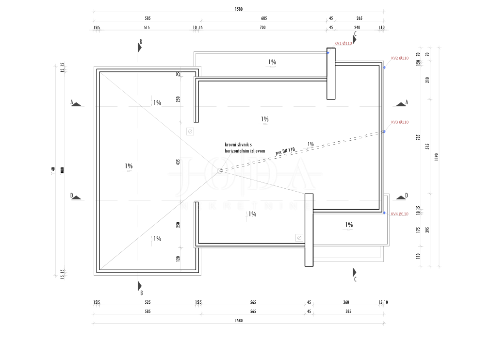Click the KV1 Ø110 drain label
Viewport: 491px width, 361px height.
pyautogui.click(x=343, y=43)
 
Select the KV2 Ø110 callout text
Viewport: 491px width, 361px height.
pyautogui.click(x=400, y=58)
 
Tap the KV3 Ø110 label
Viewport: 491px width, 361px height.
pyautogui.click(x=400, y=122)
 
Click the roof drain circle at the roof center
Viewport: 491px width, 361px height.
pyautogui.click(x=220, y=170)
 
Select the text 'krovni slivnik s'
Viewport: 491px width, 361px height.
pyautogui.click(x=238, y=145)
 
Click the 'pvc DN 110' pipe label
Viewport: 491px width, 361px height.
pyautogui.click(x=285, y=151)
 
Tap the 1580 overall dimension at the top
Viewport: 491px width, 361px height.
pyautogui.click(x=238, y=9)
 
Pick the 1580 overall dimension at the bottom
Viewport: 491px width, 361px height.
pyautogui.click(x=238, y=321)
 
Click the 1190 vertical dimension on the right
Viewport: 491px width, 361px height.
pyautogui.click(x=437, y=157)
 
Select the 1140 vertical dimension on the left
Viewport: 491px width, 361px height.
pyautogui.click(x=53, y=170)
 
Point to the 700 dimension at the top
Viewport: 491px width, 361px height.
pyautogui.click(x=262, y=28)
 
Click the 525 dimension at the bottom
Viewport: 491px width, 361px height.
pyautogui.click(x=147, y=302)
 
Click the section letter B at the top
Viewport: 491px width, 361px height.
pyautogui.click(x=141, y=42)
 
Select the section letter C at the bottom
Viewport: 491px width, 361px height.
pyautogui.click(x=355, y=279)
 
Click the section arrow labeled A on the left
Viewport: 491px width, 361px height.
pyautogui.click(x=76, y=103)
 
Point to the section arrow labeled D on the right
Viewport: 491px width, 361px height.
pyautogui.click(x=401, y=196)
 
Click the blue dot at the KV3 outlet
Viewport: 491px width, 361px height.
pyautogui.click(x=384, y=131)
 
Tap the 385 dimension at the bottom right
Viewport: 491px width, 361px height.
pyautogui.click(x=348, y=312)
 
